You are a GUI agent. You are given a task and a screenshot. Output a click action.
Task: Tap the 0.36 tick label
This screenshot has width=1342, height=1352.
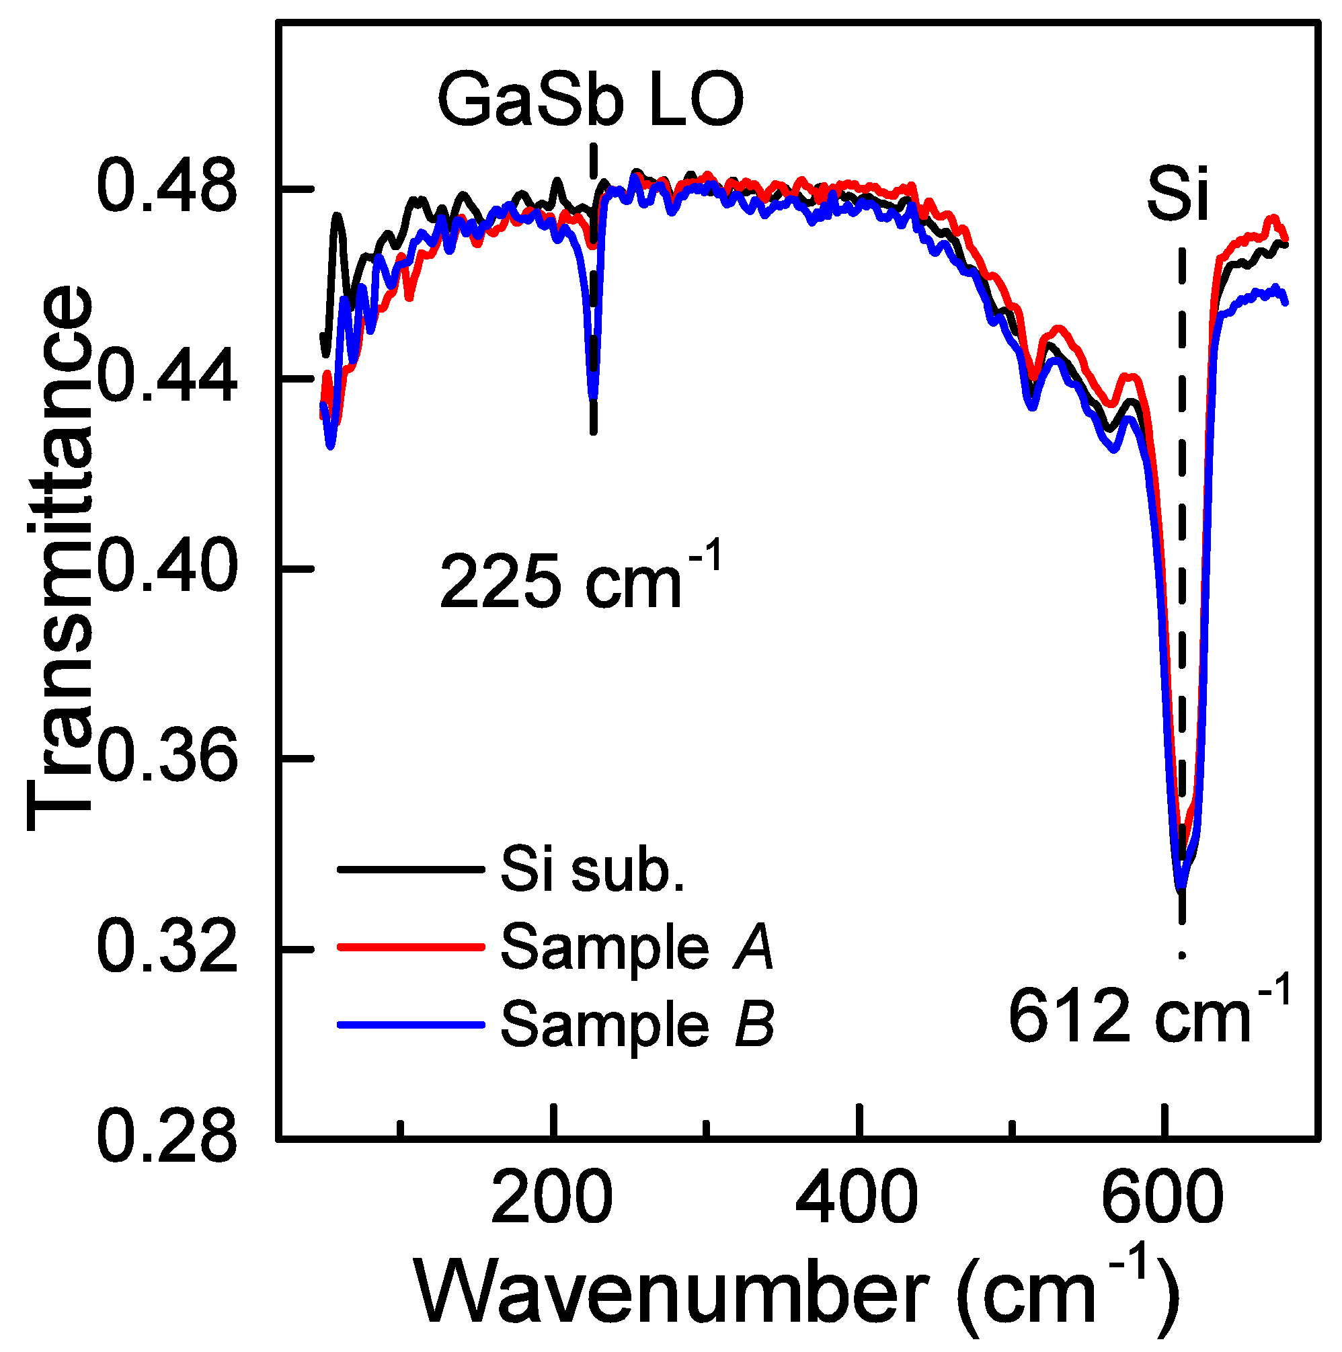coord(167,758)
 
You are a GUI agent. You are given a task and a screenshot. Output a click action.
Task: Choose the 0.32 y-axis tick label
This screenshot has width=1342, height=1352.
coord(167,949)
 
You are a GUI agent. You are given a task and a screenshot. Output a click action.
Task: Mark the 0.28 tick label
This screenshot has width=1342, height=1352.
coord(167,1140)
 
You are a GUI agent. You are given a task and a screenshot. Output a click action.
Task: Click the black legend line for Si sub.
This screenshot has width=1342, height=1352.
coord(411,870)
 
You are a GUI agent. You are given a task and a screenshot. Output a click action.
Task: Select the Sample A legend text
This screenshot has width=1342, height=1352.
coord(637,948)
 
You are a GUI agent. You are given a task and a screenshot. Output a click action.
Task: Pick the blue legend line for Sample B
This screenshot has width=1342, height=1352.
coord(411,1025)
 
